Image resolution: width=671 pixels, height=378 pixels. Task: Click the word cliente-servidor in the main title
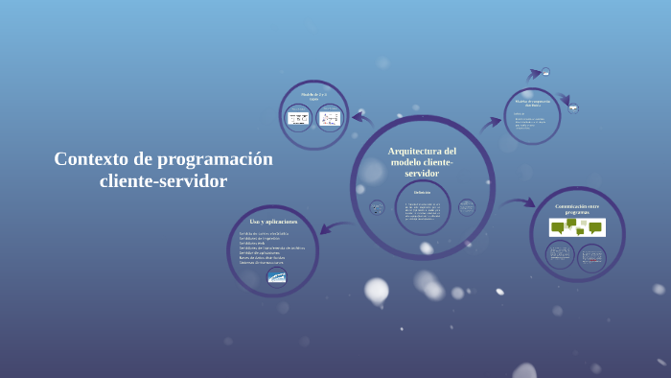[x=164, y=181]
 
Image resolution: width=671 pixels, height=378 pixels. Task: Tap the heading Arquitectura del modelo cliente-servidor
[x=422, y=162]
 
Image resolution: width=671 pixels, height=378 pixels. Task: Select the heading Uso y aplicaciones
[x=273, y=222]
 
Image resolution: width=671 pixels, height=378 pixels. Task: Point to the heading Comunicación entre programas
[x=577, y=208]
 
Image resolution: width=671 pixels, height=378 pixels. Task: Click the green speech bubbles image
[x=577, y=227]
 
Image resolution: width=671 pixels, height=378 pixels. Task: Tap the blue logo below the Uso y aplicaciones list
[x=276, y=276]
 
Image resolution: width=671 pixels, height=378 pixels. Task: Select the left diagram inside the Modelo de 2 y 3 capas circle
[x=298, y=118]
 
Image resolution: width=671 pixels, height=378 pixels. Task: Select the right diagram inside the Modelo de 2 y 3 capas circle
[x=330, y=118]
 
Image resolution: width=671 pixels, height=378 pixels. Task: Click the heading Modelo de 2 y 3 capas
[x=313, y=96]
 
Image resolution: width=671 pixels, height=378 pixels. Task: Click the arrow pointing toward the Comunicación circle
[x=519, y=202]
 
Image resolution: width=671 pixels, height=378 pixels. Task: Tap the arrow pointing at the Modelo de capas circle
[x=362, y=118]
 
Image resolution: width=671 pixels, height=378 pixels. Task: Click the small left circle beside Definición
[x=377, y=207]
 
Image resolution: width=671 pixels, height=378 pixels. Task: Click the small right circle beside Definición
[x=467, y=207]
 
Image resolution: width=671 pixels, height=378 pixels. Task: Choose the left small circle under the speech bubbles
[x=560, y=255]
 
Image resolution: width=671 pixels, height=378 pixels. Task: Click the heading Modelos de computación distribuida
[x=532, y=102]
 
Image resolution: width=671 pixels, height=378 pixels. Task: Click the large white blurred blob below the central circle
[x=377, y=290]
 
